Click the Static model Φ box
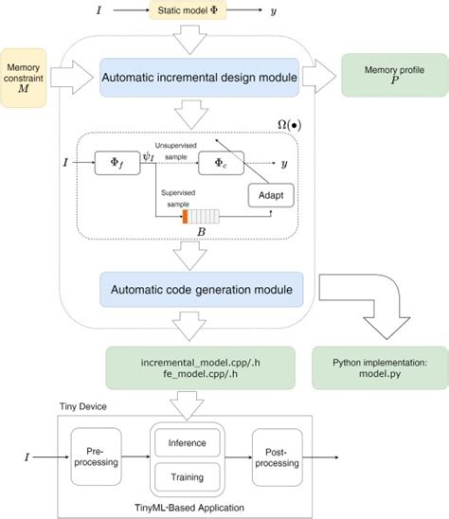point(188,10)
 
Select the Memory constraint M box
point(24,78)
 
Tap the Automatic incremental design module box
point(199,78)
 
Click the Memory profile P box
point(395,75)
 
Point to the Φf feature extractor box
point(117,163)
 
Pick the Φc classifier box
point(222,163)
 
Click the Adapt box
point(271,195)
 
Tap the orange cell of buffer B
point(185,217)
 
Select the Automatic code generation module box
point(202,290)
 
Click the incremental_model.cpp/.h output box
point(200,368)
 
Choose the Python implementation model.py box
point(380,368)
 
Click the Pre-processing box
point(96,456)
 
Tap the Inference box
point(188,443)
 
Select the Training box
point(188,477)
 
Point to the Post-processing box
point(278,457)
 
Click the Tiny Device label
point(83,406)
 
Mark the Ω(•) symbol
point(290,125)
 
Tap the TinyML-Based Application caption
point(189,508)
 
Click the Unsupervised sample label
point(176,151)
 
